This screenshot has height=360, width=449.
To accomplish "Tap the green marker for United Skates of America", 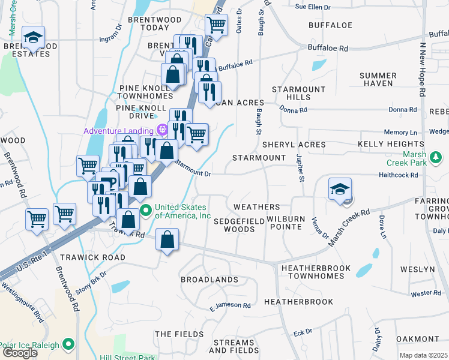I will click(x=145, y=211).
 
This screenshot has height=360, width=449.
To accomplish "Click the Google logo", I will click(x=20, y=353).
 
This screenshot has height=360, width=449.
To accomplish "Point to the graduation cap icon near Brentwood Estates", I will click(x=34, y=38).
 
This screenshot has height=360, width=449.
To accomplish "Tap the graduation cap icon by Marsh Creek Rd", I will click(x=340, y=189).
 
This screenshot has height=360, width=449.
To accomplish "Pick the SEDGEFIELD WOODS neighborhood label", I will click(x=239, y=225).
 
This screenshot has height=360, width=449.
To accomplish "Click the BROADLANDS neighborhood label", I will click(x=209, y=280).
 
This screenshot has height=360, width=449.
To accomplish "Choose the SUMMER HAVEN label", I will click(x=378, y=79).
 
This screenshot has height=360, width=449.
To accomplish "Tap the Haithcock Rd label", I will click(x=397, y=175).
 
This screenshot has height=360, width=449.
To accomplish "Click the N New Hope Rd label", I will click(x=422, y=69).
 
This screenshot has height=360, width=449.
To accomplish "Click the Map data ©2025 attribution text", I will click(x=423, y=355).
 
